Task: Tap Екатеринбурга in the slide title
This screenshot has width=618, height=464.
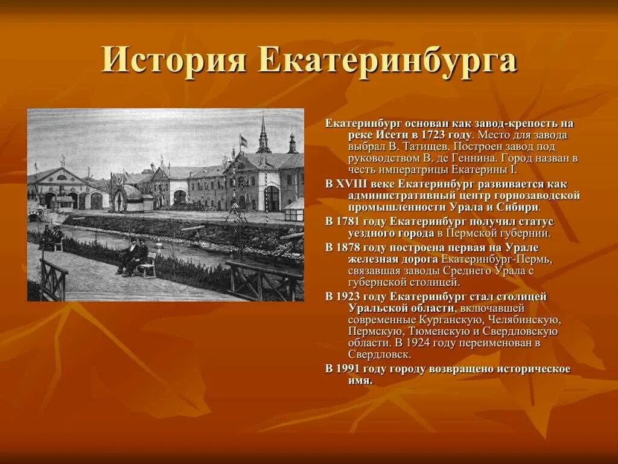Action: click(387, 62)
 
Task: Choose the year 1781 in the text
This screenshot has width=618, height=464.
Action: click(350, 221)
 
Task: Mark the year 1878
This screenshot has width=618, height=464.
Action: click(350, 247)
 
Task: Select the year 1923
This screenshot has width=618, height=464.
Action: click(350, 296)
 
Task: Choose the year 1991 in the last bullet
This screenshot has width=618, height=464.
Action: click(350, 369)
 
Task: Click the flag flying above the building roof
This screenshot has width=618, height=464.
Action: click(243, 141)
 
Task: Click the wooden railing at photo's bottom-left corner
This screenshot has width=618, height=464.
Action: click(53, 280)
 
